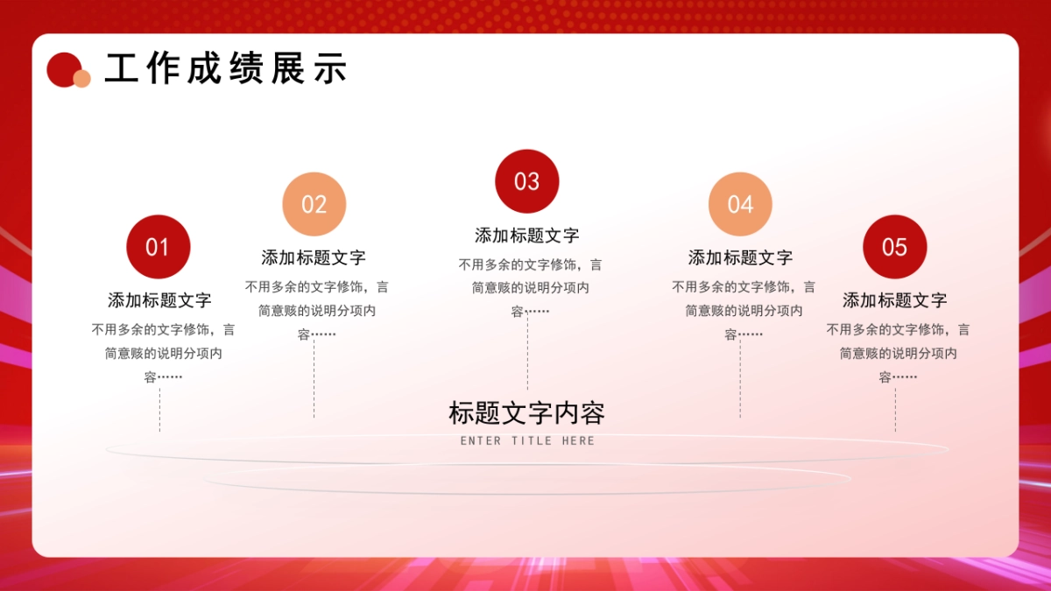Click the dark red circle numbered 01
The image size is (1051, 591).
[x=159, y=247]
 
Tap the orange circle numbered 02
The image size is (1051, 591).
[x=314, y=204]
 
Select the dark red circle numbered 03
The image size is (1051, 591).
[x=527, y=181]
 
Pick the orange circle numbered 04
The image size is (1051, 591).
[x=740, y=204]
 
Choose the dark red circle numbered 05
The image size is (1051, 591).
[x=894, y=247]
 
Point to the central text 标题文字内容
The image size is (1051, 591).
[x=526, y=412]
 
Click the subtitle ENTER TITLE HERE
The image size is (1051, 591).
[x=527, y=441]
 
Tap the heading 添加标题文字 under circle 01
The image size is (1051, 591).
[x=159, y=300]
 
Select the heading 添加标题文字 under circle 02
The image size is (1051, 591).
[x=314, y=257]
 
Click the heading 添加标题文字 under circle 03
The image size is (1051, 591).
[x=527, y=236]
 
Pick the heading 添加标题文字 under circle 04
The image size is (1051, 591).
[x=740, y=257]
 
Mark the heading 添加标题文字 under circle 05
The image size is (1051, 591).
[x=894, y=300]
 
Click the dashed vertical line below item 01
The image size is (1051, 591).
[x=159, y=410]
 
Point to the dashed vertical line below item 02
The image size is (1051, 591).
[x=314, y=378]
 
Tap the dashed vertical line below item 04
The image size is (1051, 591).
[x=740, y=378]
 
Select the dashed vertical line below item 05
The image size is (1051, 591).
[x=895, y=410]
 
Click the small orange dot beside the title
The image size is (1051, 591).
[x=81, y=79]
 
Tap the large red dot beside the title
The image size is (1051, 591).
[x=62, y=68]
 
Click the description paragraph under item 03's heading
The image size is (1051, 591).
[x=530, y=287]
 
